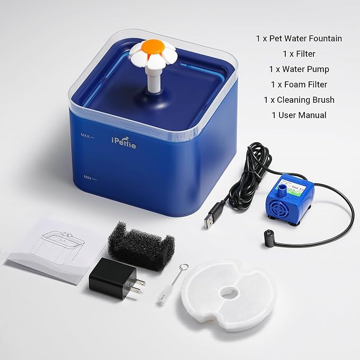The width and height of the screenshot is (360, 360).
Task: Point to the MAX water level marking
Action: pyautogui.click(x=86, y=136)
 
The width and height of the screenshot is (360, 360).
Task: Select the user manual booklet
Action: pyautogui.click(x=56, y=247)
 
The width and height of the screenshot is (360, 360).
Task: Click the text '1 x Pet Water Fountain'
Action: pyautogui.click(x=298, y=38)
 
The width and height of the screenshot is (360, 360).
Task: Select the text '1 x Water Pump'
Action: pyautogui.click(x=298, y=69)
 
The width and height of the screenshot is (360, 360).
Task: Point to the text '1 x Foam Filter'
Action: pyautogui.click(x=298, y=84)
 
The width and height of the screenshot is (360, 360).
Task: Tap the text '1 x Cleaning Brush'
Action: pyautogui.click(x=298, y=100)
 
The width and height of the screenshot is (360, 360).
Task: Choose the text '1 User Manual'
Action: pyautogui.click(x=298, y=115)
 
